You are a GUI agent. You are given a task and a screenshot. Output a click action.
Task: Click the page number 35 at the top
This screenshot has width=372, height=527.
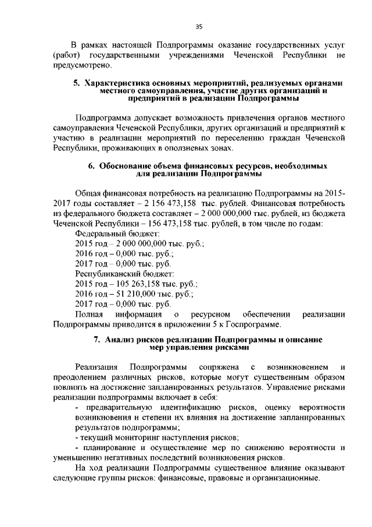pyautogui.click(x=198, y=25)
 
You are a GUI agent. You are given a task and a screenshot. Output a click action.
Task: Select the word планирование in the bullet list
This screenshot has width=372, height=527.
pyautogui.click(x=106, y=447)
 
